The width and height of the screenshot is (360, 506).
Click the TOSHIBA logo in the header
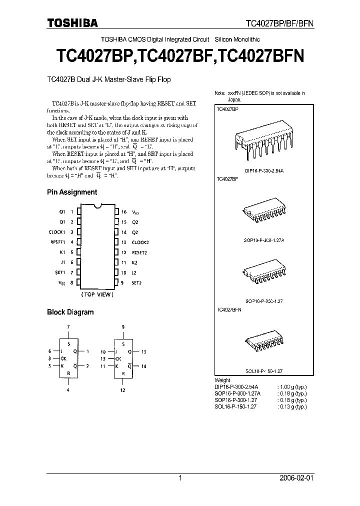click(72, 22)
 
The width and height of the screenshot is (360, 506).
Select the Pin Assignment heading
click(72, 192)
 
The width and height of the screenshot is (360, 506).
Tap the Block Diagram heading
click(70, 312)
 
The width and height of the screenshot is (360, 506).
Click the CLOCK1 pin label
click(57, 232)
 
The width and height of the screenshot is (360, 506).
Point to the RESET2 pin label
click(139, 252)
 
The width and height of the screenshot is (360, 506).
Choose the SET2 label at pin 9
click(136, 283)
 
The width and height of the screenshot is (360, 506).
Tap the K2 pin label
click(134, 262)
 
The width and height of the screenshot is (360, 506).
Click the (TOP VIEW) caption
click(98, 294)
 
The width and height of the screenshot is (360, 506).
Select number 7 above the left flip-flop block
click(68, 326)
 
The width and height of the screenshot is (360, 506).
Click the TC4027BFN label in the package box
click(229, 310)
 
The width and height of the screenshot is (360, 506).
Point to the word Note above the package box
click(220, 93)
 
